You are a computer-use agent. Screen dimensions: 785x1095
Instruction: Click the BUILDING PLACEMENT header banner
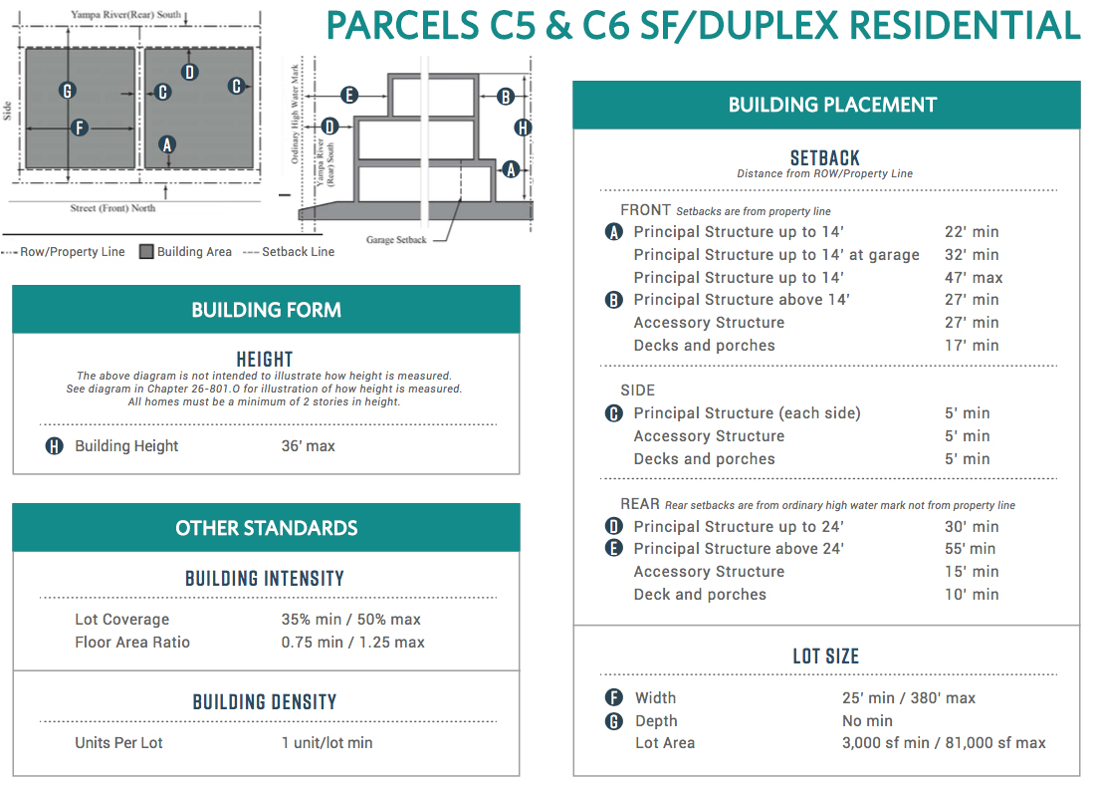(x=826, y=105)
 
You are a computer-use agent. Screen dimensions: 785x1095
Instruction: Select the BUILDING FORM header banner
(x=266, y=310)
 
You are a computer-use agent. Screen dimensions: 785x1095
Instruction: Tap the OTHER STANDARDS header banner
(x=266, y=528)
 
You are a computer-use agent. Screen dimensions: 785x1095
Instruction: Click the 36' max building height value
(x=308, y=445)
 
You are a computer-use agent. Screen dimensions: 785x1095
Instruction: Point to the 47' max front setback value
(x=973, y=277)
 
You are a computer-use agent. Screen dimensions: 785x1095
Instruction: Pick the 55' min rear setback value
(x=970, y=548)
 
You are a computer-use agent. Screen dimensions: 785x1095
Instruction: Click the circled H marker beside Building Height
(x=55, y=445)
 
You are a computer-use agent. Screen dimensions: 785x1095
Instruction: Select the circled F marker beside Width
(x=614, y=697)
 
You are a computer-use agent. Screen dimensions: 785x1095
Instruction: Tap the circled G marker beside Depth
(x=614, y=720)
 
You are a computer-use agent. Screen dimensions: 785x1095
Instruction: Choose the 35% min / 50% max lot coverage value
(x=350, y=620)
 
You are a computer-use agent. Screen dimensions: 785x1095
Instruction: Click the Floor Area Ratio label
(x=132, y=643)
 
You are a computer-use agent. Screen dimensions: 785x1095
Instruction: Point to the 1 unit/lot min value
(x=327, y=742)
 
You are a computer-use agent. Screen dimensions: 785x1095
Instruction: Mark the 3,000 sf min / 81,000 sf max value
(x=944, y=742)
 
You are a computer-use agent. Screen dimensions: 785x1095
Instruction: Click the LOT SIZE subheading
(x=826, y=656)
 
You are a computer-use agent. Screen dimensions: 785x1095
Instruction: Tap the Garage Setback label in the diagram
(x=396, y=240)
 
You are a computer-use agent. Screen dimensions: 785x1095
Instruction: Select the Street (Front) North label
(x=112, y=208)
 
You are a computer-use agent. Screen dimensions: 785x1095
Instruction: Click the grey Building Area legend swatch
(x=146, y=252)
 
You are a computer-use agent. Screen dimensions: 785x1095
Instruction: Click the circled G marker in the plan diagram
(x=68, y=91)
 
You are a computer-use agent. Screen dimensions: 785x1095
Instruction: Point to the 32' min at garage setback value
(x=972, y=254)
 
